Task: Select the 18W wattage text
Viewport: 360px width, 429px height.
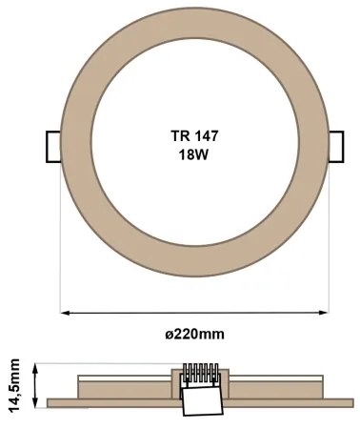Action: (194, 155)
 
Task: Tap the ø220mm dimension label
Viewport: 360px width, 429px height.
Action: (195, 334)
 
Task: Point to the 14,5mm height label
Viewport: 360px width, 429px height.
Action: (13, 383)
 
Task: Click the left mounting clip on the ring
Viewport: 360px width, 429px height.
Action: (53, 145)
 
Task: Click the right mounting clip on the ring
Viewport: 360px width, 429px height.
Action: (335, 146)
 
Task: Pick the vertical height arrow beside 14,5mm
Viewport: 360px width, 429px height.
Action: (35, 383)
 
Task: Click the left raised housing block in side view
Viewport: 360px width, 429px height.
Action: (124, 386)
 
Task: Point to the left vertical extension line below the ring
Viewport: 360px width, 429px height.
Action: (62, 248)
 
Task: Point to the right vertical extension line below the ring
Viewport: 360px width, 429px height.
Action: (329, 248)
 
